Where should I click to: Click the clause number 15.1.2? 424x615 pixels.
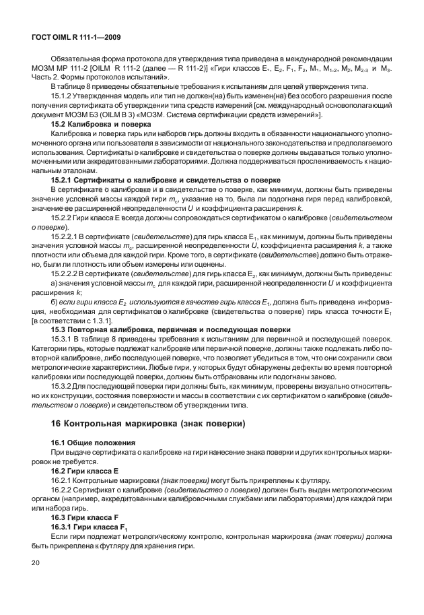[x=61, y=97]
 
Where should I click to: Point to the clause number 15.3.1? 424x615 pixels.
[x=61, y=339]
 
